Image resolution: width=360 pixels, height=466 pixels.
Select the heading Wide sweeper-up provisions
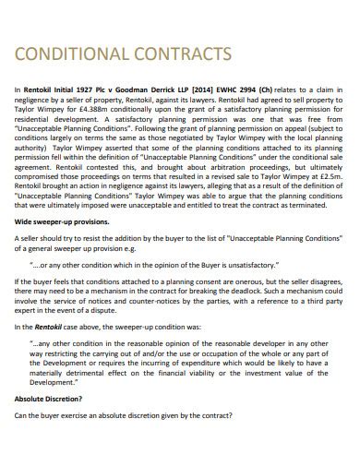pyautogui.click(x=57, y=222)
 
